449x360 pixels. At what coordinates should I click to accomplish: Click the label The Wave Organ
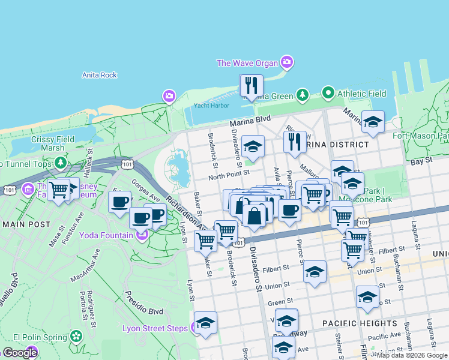[247, 63]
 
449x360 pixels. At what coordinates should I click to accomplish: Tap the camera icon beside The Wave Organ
[287, 62]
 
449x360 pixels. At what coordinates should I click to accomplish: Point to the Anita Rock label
[100, 75]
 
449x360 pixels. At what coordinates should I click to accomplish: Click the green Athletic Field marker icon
[328, 93]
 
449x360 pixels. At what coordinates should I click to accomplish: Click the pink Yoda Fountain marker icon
[142, 235]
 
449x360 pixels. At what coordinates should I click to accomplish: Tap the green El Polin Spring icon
[76, 335]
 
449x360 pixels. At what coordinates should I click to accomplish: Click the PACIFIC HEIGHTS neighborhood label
[352, 323]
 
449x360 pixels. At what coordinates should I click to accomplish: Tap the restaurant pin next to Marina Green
[251, 86]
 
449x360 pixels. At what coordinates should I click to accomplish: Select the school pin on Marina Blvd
[372, 122]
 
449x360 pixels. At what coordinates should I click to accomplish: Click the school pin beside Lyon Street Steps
[205, 323]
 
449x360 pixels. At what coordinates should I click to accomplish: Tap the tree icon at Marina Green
[303, 95]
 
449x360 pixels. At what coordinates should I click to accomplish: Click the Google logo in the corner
[19, 353]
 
